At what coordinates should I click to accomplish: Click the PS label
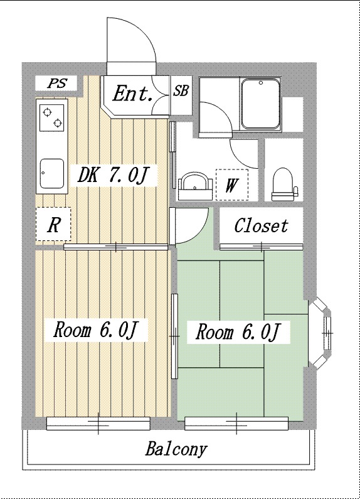(57, 83)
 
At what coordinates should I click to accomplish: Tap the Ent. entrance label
(132, 94)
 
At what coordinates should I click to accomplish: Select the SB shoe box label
(181, 91)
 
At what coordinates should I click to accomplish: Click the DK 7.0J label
(113, 174)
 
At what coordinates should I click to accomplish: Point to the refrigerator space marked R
(53, 224)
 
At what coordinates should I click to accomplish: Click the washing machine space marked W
(232, 185)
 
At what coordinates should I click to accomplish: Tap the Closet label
(261, 225)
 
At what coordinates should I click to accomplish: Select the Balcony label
(176, 449)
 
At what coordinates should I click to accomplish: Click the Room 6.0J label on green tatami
(238, 332)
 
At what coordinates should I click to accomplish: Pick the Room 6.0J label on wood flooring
(96, 330)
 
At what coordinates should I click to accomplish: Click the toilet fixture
(282, 185)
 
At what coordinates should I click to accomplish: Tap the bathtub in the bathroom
(260, 104)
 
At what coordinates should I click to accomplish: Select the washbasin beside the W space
(195, 186)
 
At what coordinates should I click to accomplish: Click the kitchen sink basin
(52, 173)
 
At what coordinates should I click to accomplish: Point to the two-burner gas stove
(51, 117)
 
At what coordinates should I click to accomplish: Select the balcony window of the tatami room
(236, 424)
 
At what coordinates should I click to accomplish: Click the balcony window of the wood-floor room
(98, 424)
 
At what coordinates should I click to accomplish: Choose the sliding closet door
(262, 246)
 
